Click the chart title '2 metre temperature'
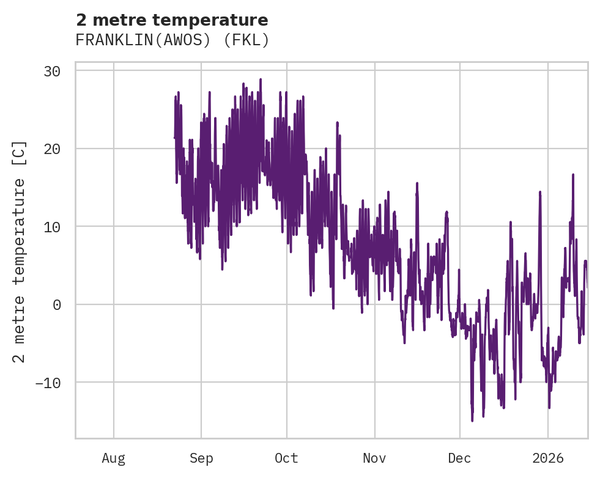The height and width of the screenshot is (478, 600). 172,20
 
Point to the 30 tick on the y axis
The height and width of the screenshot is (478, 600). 52,71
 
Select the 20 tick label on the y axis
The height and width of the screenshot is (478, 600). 52,149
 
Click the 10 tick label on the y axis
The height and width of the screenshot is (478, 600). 52,227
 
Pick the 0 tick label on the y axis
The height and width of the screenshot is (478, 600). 57,304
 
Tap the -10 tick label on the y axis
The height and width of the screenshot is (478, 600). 48,383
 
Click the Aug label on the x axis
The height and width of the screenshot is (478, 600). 114,458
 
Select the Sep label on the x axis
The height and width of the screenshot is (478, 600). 201,458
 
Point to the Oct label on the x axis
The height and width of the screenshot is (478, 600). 286,458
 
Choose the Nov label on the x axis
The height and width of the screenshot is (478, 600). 374,458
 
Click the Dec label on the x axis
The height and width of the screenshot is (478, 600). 459,458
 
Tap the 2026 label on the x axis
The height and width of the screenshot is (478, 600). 548,458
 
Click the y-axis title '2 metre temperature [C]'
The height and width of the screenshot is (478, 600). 20,251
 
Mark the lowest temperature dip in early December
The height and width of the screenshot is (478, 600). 472,420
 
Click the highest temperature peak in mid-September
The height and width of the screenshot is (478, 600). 261,79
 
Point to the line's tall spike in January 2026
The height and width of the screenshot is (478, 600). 573,175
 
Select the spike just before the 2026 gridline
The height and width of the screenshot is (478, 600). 540,192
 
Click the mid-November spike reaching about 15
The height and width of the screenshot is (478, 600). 417,183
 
